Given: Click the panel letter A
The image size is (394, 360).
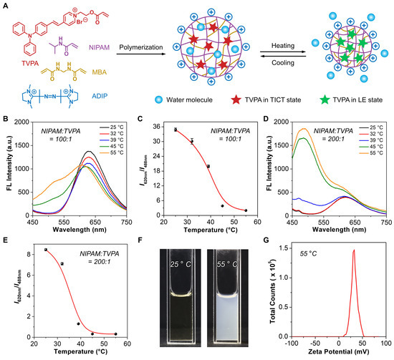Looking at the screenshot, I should (5, 6).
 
